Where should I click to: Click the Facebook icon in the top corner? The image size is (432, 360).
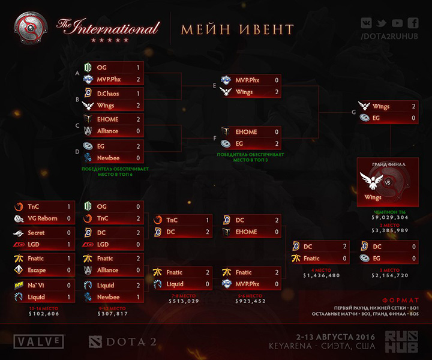click(413, 23)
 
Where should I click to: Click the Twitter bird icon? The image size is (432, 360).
click(382, 23)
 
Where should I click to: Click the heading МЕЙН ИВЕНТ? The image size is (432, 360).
click(238, 29)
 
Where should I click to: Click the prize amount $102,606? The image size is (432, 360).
click(43, 313)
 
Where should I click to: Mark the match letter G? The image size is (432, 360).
click(353, 112)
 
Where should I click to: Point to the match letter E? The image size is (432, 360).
click(214, 85)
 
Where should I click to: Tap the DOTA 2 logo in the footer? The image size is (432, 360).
click(117, 341)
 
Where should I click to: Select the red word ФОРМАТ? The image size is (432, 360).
click(400, 300)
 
